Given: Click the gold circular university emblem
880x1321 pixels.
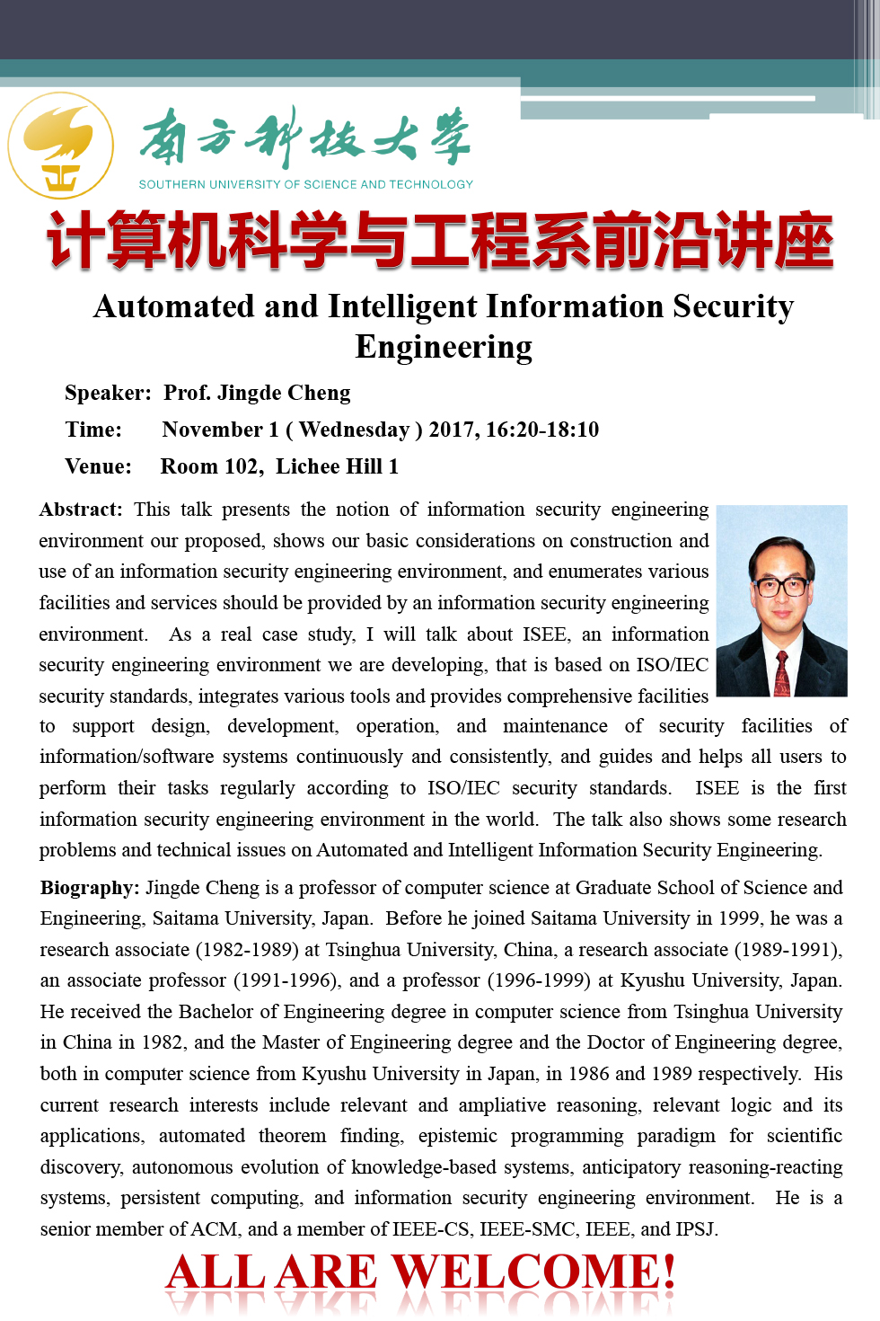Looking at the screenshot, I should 61,146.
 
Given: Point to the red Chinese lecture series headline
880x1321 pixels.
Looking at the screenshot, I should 440,241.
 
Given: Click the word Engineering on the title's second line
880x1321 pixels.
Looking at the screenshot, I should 444,347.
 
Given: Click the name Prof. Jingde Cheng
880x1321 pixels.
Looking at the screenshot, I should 257,393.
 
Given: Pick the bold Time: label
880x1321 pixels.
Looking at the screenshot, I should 93,430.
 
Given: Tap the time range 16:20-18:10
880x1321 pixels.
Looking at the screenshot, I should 542,430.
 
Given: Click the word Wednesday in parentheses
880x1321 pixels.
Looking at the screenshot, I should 354,430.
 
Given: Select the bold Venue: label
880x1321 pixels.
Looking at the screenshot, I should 98,466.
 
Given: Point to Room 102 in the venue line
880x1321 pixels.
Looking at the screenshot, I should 209,466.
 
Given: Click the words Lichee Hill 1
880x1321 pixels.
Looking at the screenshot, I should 337,466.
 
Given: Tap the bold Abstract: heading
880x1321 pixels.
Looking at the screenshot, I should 81,510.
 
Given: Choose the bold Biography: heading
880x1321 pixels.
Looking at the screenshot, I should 90,888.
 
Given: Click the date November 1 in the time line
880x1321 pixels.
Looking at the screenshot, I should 220,430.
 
